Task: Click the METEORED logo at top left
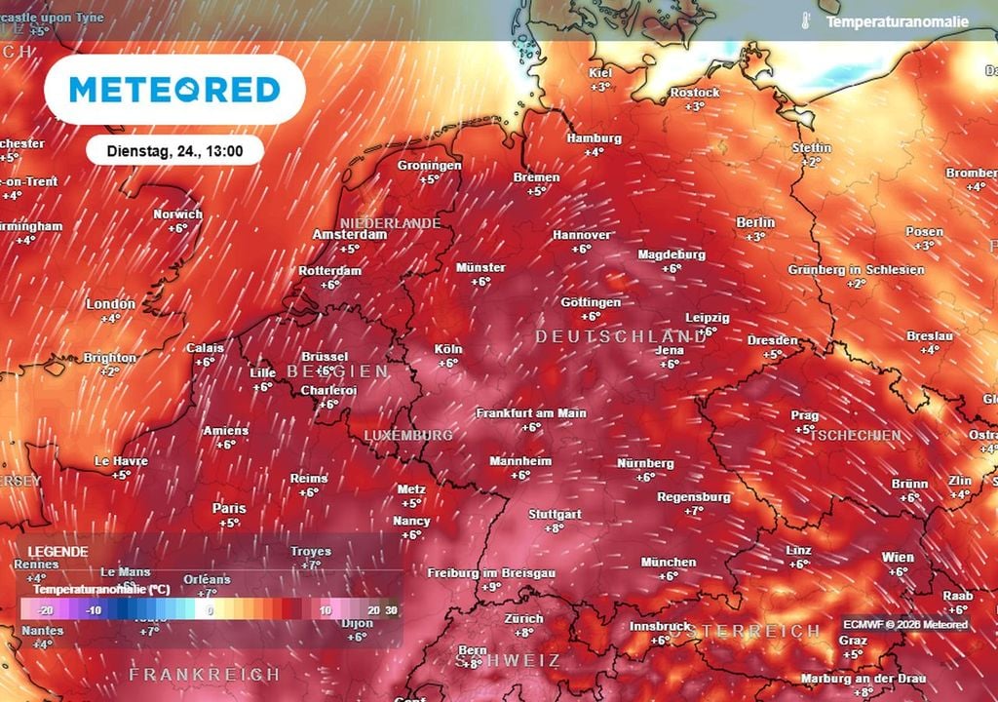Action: pyautogui.click(x=174, y=90)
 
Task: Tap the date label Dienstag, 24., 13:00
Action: pyautogui.click(x=175, y=150)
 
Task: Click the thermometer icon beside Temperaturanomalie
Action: pyautogui.click(x=806, y=20)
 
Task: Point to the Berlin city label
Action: pyautogui.click(x=755, y=222)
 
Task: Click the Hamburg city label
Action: pyautogui.click(x=594, y=137)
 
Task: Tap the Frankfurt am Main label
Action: pyautogui.click(x=530, y=413)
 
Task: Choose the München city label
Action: pyautogui.click(x=669, y=563)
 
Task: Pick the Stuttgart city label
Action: pyautogui.click(x=554, y=514)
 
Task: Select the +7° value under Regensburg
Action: pyautogui.click(x=694, y=511)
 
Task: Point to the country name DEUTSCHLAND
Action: pyautogui.click(x=620, y=336)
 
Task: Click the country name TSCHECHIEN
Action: pyautogui.click(x=854, y=433)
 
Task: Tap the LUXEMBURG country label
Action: pyautogui.click(x=407, y=434)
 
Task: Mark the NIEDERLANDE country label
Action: pyautogui.click(x=390, y=223)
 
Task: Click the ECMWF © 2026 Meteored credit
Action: pyautogui.click(x=905, y=625)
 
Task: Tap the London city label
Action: pyautogui.click(x=110, y=304)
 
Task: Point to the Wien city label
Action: pyautogui.click(x=898, y=558)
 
